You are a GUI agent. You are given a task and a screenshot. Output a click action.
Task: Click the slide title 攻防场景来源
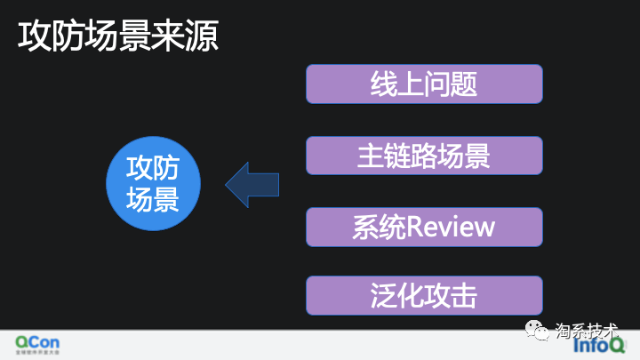click(x=119, y=36)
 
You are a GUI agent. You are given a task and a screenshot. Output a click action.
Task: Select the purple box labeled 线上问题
click(x=424, y=84)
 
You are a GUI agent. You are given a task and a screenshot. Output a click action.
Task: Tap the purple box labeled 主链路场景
click(x=424, y=156)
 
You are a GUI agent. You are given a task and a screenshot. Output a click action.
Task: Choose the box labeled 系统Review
click(x=424, y=227)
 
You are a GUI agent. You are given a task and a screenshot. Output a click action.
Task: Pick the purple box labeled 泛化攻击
click(x=424, y=296)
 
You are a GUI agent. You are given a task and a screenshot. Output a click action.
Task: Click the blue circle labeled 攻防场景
click(x=153, y=184)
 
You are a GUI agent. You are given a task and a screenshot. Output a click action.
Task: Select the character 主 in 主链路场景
click(x=371, y=156)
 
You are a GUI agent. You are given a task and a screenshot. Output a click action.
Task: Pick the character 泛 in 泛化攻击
click(x=384, y=296)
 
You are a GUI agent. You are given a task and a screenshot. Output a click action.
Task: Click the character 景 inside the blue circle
click(x=166, y=199)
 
